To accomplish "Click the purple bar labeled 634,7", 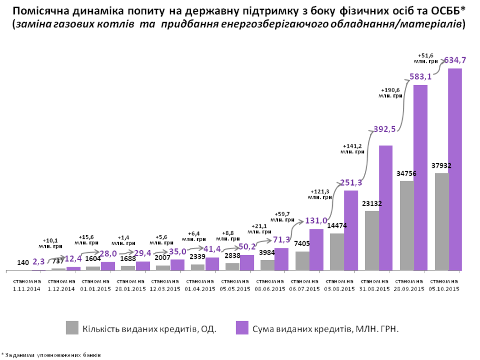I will [455, 169].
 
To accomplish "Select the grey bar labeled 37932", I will [441, 222].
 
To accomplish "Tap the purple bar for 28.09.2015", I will [421, 178].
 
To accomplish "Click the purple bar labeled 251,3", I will [351, 231].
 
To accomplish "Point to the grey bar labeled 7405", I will [302, 261].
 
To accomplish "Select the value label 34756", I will [406, 173].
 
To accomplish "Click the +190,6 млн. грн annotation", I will [391, 92].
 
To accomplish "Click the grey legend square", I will [72, 328].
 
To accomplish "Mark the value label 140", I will [23, 262].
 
